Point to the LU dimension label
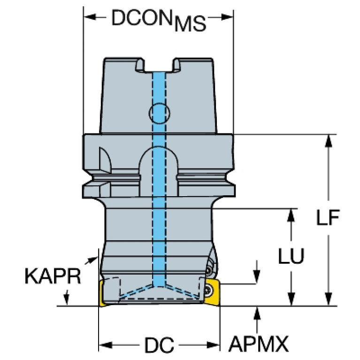[291, 256]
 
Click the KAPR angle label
[53, 277]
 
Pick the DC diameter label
[159, 346]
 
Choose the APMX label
[258, 346]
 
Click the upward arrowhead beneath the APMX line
[257, 312]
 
